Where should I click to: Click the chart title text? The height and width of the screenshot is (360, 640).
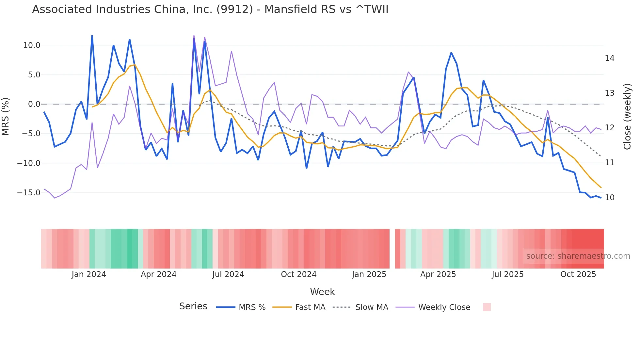tap(210, 9)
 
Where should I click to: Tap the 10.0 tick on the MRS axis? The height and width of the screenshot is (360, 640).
tap(32, 45)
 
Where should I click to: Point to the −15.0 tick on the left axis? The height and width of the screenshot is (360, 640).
tap(29, 193)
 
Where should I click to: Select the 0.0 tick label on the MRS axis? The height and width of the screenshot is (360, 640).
tap(34, 104)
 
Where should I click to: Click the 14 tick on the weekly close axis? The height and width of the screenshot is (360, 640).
tap(609, 58)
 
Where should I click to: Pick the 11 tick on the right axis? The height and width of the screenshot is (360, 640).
tap(609, 163)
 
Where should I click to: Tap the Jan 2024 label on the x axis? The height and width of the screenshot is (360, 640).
tap(89, 274)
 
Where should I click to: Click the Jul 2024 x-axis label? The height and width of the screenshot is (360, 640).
tap(228, 274)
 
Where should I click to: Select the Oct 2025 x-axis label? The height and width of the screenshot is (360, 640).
tap(578, 274)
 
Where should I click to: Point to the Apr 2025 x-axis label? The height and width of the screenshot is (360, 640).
tap(438, 274)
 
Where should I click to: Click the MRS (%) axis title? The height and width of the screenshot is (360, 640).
tap(6, 117)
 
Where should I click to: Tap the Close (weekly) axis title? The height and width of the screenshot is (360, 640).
tap(627, 117)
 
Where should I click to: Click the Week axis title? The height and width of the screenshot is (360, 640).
tap(322, 292)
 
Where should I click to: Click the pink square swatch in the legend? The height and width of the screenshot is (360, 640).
tap(487, 307)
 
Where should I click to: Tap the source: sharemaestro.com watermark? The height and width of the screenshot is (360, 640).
tap(578, 256)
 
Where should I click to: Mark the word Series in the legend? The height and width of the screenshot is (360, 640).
tap(193, 306)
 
